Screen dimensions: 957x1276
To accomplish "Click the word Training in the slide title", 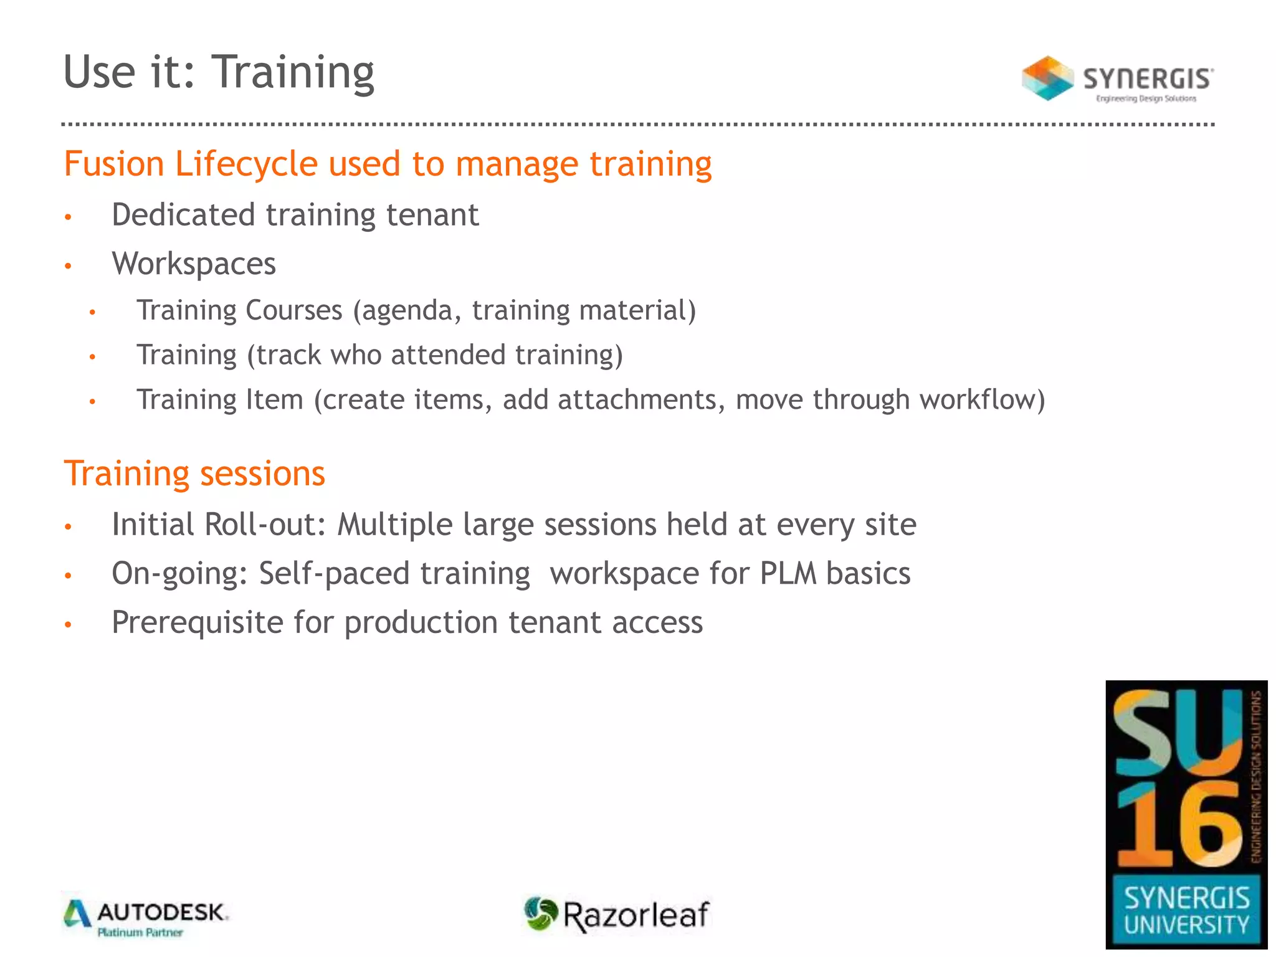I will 293,73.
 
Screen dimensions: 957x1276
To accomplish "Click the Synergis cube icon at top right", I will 1047,79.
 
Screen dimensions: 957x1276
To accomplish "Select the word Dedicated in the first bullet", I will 183,215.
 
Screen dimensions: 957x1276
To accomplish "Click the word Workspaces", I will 194,264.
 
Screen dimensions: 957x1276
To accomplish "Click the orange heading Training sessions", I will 194,474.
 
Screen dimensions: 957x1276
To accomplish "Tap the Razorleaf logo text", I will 636,915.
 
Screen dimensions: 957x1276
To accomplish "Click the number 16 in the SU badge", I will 1179,826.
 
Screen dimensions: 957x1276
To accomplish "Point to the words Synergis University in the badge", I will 1186,911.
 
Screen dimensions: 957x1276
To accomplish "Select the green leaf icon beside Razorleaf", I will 540,913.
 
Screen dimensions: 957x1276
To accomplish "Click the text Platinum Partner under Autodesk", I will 140,933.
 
